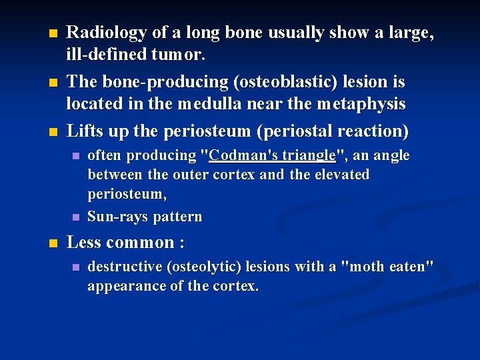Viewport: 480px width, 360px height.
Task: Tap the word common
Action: pyautogui.click(x=140, y=242)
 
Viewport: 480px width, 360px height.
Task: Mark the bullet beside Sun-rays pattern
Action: pyautogui.click(x=75, y=217)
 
